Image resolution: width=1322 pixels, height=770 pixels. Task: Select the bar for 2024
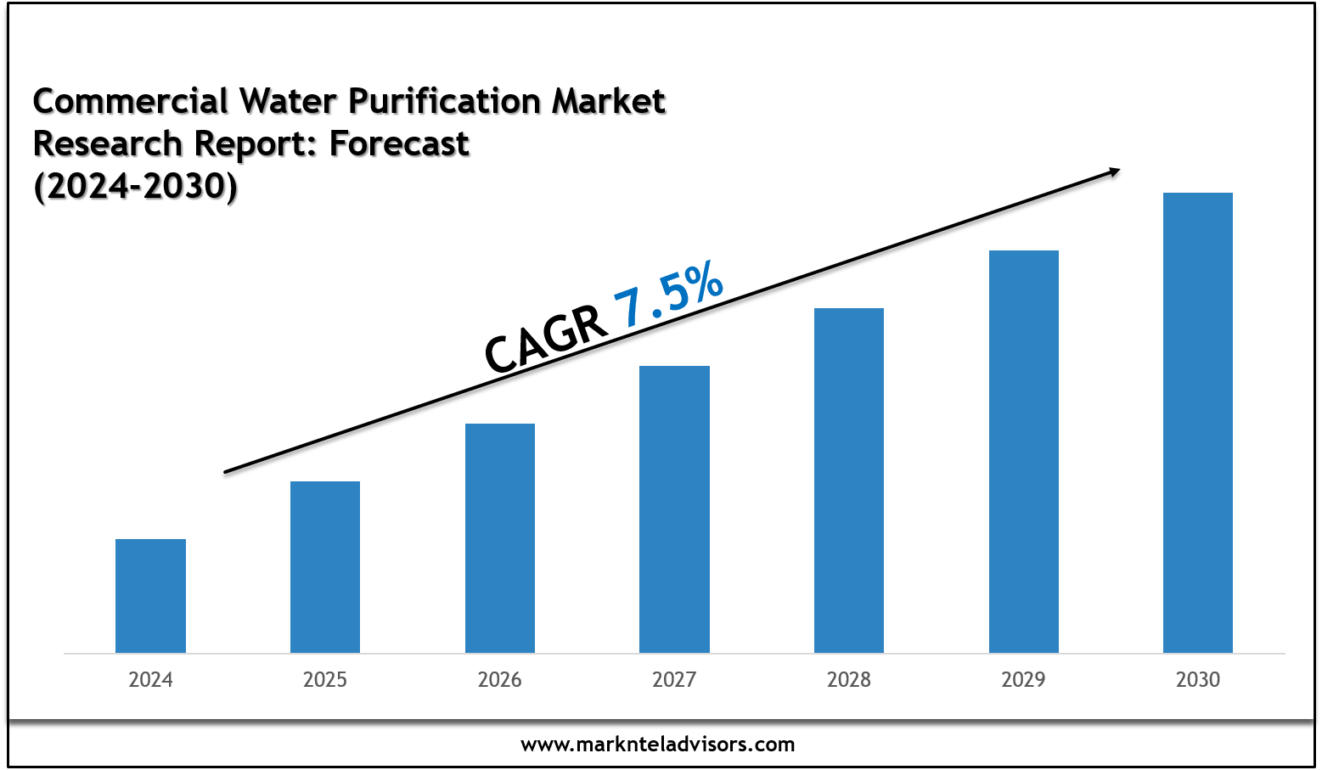150,596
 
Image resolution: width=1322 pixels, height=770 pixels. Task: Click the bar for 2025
325,567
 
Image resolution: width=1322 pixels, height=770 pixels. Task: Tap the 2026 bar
500,538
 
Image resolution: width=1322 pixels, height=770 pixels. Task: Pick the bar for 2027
674,509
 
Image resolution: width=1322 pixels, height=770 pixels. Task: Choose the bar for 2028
849,481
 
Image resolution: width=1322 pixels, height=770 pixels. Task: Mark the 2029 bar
1024,452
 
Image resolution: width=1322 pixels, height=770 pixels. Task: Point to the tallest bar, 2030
1198,423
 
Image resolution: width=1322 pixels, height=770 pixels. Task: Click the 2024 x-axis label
150,680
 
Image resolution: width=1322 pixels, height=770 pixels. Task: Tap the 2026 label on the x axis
500,680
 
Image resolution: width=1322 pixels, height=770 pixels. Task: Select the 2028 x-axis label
849,680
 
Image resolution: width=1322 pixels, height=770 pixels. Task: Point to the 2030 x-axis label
1198,680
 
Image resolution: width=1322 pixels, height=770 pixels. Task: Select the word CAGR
545,339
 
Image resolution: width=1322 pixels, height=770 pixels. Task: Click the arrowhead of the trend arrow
1113,172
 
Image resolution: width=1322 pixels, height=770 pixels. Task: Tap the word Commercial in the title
131,102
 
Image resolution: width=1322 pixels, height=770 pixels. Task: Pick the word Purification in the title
445,102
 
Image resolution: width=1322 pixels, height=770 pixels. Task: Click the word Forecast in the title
399,144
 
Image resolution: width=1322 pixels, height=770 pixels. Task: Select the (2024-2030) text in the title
135,186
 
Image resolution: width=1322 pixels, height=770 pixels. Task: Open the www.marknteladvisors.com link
658,745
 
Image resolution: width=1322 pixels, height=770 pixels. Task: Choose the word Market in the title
609,102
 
